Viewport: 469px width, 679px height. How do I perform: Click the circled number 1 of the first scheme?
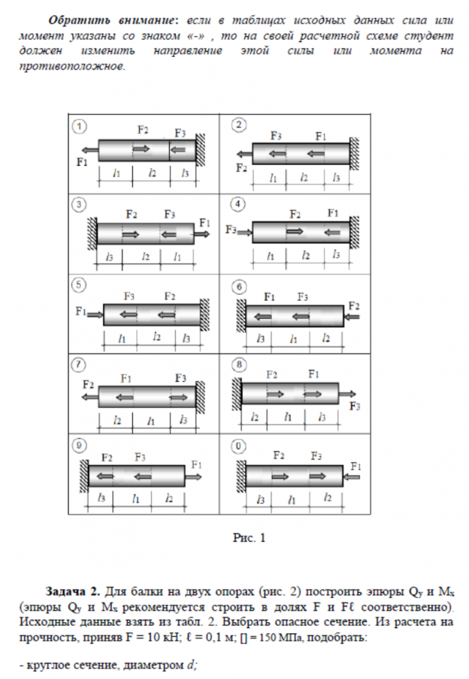tap(80, 126)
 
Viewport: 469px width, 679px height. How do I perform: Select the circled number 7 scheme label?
tap(80, 365)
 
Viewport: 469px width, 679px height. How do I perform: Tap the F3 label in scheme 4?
tap(231, 230)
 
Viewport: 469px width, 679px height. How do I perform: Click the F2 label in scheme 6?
tap(354, 306)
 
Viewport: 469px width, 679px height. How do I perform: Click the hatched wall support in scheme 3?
tap(92, 234)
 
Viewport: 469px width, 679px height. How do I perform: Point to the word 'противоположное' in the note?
tap(71, 68)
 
